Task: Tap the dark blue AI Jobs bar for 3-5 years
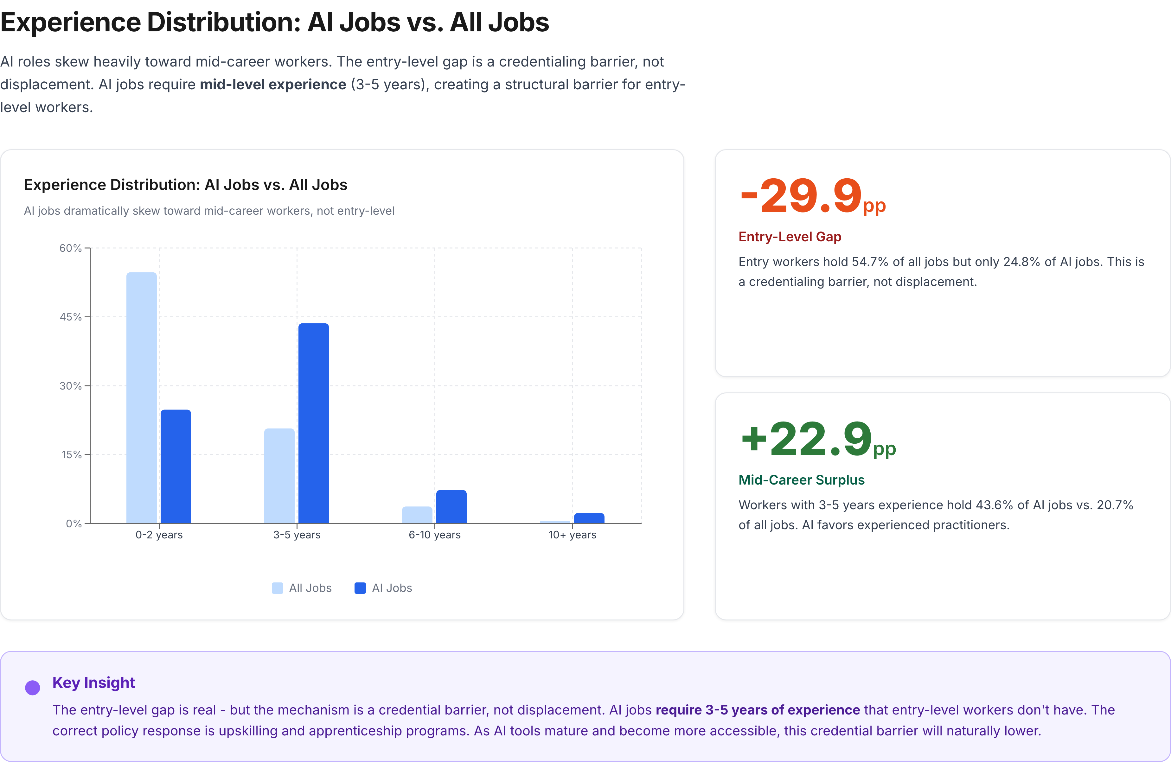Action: point(313,423)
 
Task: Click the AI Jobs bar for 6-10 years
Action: point(451,507)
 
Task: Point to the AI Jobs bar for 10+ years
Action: point(589,518)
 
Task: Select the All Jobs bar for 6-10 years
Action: point(417,515)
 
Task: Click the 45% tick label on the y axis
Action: point(70,317)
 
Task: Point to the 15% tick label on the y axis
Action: point(71,454)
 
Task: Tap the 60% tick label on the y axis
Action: point(70,248)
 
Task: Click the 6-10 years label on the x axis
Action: point(434,535)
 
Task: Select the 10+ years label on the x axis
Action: point(572,535)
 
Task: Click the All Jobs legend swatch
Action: point(278,588)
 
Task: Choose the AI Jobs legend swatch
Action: point(360,588)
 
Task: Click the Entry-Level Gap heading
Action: point(790,237)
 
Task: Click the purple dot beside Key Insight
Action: point(32,688)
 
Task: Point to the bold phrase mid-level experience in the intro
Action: point(272,85)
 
